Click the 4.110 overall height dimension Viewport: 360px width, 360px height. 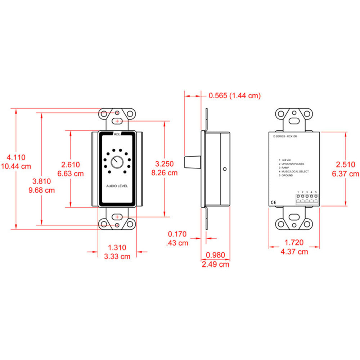pos(16,157)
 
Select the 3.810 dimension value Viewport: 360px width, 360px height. pos(42,181)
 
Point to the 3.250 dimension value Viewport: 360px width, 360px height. pos(165,164)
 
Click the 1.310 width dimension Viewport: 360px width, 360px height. pos(117,247)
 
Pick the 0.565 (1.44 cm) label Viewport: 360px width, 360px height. pos(234,95)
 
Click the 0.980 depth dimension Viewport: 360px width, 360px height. pos(215,255)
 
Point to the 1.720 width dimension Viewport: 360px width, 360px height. pos(294,243)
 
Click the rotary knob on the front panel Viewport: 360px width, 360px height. pos(117,162)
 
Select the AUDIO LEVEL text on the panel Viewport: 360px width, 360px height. pos(117,186)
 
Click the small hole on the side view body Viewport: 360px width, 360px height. pos(225,168)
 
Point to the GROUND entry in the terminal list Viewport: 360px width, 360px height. pos(287,175)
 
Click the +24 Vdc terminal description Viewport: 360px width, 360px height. pos(286,160)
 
